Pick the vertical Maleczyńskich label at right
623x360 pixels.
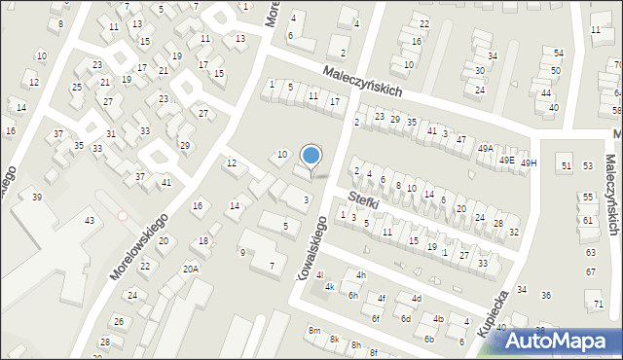click(x=612, y=195)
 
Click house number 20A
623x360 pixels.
click(x=191, y=270)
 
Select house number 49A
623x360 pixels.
click(x=486, y=148)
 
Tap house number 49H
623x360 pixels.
click(x=528, y=163)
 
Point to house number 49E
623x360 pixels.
click(x=506, y=160)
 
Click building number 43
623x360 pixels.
click(x=89, y=221)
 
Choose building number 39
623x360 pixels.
click(x=37, y=198)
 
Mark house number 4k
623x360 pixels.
click(x=330, y=287)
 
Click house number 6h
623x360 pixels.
click(x=353, y=295)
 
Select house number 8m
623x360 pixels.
click(x=314, y=331)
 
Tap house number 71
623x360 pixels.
click(x=598, y=305)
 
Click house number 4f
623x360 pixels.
click(x=382, y=299)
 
